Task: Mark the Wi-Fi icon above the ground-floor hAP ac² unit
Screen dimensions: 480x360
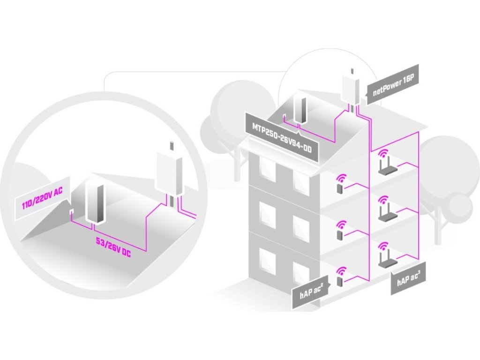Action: coord(340,270)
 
